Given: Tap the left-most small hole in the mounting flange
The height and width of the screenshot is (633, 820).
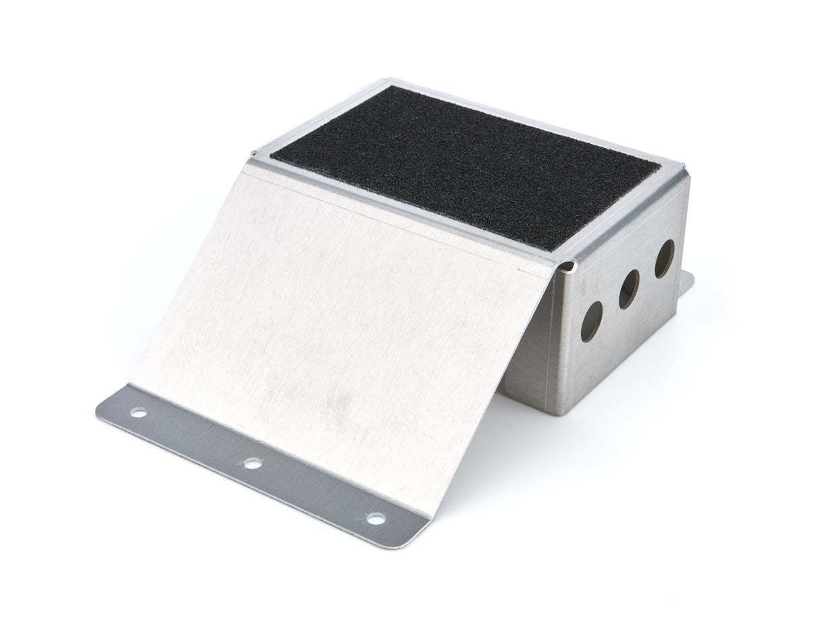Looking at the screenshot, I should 138,412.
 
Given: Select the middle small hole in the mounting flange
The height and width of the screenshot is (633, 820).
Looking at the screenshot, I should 253,463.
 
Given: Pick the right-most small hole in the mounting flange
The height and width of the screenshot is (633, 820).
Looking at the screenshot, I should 376,519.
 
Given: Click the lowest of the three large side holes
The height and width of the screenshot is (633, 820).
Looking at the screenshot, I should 592,320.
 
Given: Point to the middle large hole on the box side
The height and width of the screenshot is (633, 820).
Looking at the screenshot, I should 630,288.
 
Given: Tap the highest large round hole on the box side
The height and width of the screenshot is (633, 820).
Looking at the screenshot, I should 664,259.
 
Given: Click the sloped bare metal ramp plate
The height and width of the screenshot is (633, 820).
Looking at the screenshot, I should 338,324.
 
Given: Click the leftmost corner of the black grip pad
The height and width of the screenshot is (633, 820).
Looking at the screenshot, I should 272,157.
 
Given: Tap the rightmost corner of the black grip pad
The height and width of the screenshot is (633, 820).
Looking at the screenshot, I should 659,166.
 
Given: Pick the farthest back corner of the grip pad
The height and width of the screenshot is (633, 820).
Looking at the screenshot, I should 388,86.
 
